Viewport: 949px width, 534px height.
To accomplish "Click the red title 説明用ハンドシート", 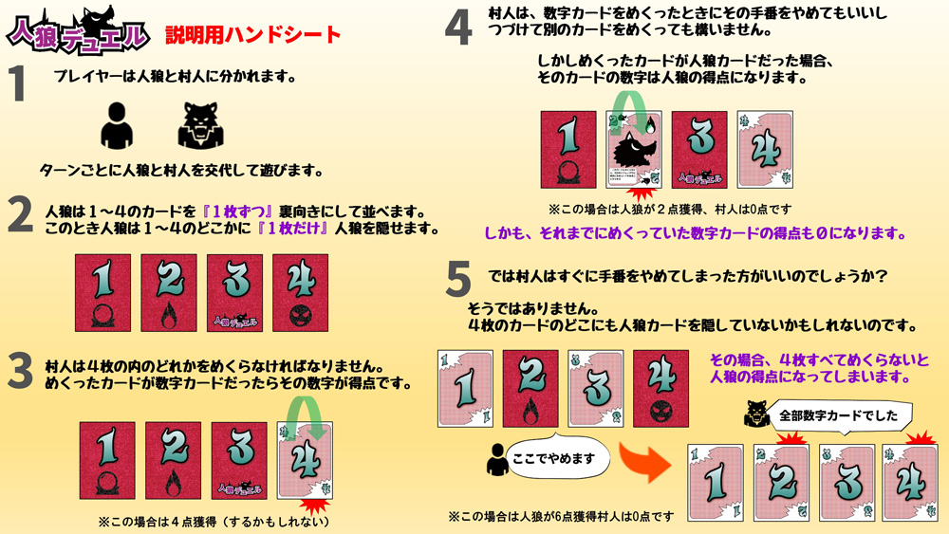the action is (253, 34).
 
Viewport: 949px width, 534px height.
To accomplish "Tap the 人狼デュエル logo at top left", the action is (78, 30).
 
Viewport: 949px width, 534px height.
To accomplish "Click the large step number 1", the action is (17, 83).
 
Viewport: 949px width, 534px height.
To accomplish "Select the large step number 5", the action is (458, 279).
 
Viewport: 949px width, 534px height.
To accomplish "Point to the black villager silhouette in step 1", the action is (117, 125).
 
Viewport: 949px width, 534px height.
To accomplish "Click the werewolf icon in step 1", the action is (201, 125).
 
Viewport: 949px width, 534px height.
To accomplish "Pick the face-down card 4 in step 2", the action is (300, 293).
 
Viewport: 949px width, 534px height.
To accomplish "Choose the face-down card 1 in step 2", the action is (102, 293).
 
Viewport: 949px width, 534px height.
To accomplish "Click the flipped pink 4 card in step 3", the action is (305, 461).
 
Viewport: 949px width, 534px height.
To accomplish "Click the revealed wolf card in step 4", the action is (634, 149).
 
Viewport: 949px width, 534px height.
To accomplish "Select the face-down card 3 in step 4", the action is (699, 149).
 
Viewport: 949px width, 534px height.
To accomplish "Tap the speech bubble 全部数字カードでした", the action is (838, 416).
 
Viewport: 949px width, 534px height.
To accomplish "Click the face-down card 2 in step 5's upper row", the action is (530, 389).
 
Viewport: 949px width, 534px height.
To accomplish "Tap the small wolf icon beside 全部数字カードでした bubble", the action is (756, 414).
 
